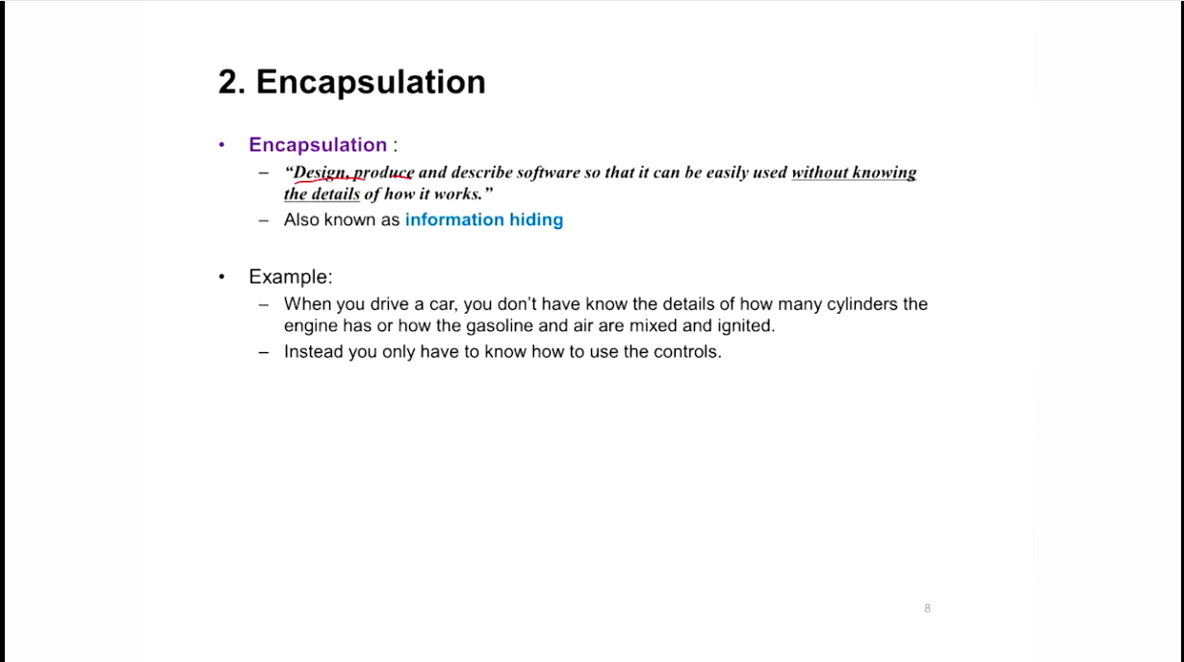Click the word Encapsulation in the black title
371,83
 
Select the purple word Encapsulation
318,145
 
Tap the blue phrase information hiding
484,219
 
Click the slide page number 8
927,609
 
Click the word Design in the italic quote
320,173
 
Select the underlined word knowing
885,173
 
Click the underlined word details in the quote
336,194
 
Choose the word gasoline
500,326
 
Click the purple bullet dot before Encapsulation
221,144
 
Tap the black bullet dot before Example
221,277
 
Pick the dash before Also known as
264,220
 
